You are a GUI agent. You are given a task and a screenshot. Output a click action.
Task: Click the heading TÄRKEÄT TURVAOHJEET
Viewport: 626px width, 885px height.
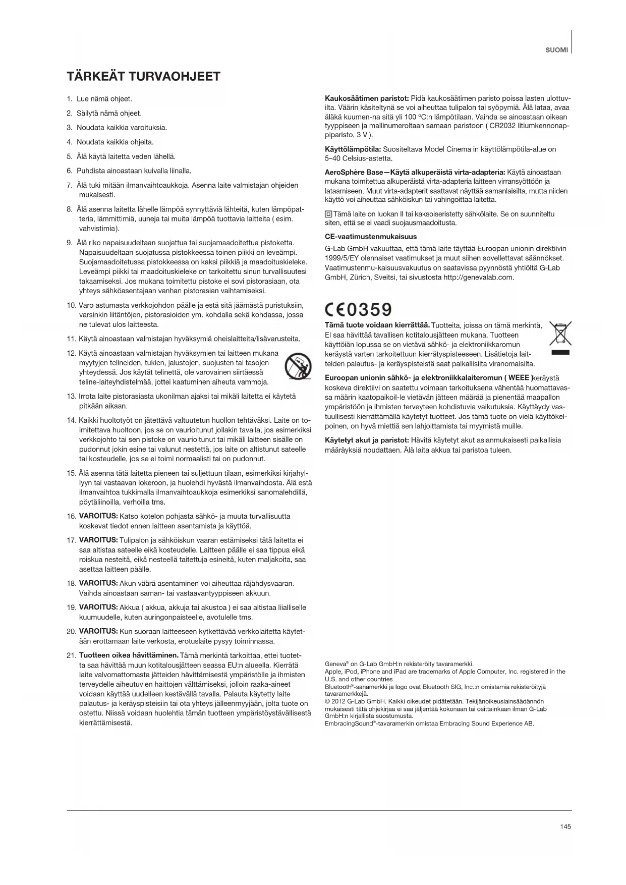[x=144, y=77]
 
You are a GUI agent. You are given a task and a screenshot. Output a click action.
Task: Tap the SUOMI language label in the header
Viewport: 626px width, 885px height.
[x=556, y=50]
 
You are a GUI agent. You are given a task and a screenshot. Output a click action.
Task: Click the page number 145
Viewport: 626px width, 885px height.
[x=565, y=826]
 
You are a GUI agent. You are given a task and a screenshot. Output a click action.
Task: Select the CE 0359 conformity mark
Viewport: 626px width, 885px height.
[x=358, y=308]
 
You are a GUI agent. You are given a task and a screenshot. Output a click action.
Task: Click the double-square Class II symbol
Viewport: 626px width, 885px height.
[x=328, y=214]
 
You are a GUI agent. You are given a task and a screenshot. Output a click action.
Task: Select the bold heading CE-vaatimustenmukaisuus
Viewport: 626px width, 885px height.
[x=371, y=236]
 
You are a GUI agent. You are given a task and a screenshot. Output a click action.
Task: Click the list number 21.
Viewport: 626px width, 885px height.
[x=71, y=655]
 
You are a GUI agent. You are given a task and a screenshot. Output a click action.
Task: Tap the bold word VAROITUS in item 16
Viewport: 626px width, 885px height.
[x=98, y=516]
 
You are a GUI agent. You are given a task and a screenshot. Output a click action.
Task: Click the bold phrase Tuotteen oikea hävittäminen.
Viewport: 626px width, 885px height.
[x=129, y=655]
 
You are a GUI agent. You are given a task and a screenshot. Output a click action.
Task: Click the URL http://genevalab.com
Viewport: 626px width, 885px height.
[x=478, y=277]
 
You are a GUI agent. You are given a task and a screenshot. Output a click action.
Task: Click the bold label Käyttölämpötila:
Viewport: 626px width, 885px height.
[x=353, y=149]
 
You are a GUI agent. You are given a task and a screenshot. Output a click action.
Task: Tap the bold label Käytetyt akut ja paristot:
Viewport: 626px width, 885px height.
[x=367, y=440]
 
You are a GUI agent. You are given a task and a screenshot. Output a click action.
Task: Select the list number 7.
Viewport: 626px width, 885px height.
[x=70, y=185]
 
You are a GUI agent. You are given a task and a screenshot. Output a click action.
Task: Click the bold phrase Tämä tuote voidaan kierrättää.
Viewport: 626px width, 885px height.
[x=377, y=324]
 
